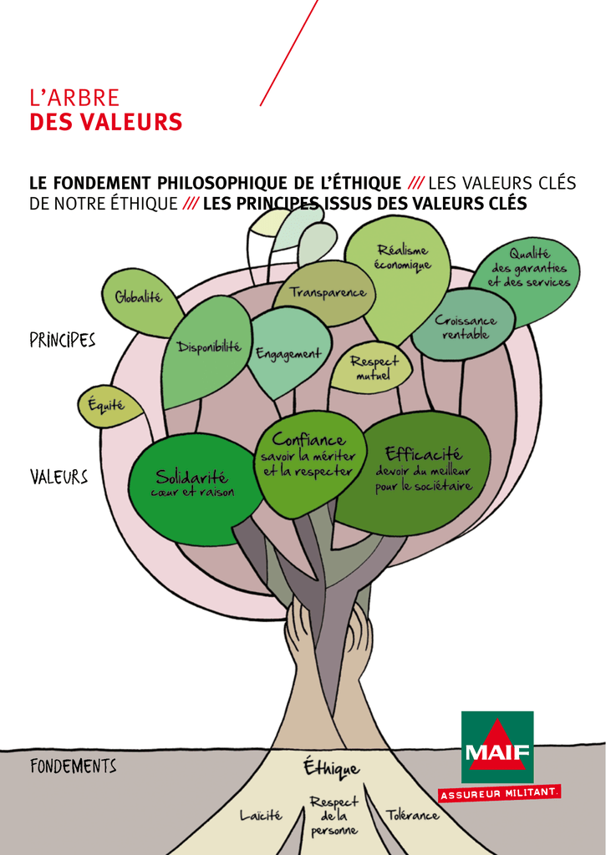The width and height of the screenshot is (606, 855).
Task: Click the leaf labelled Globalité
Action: coord(139,299)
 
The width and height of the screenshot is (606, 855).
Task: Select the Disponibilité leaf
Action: coord(206,349)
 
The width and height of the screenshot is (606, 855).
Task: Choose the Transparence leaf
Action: coord(327,292)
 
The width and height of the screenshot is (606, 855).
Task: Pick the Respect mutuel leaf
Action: coord(373,368)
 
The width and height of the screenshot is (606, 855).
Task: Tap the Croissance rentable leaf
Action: coord(463,326)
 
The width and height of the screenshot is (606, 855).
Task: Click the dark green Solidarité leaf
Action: coord(191,484)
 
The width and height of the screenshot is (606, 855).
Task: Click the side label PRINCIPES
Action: coord(63,341)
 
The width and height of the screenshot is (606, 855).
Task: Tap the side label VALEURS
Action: coord(59,478)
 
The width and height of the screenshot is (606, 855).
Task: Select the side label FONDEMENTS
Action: coord(73,766)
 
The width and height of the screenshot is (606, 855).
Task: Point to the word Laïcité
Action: coord(261,814)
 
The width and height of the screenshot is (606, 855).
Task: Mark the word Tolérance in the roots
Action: coord(412,814)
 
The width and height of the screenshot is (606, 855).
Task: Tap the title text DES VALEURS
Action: coord(106,123)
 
